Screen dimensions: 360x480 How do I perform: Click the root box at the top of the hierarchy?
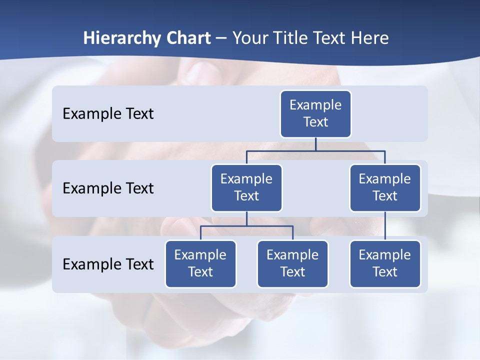pos(315,113)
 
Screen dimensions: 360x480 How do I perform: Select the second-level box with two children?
pos(246,187)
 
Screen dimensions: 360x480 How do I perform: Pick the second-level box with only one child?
pos(385,187)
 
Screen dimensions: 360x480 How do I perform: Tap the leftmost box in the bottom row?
pos(200,263)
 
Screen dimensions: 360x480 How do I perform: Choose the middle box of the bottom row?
pos(292,263)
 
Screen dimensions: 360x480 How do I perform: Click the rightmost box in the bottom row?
pos(385,263)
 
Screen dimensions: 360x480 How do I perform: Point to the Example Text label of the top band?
pos(108,114)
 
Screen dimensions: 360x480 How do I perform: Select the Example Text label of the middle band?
pos(108,188)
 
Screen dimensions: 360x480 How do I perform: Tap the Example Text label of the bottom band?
pos(108,264)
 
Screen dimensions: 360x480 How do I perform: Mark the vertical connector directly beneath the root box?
pos(315,144)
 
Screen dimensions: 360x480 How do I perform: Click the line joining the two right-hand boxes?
pos(385,225)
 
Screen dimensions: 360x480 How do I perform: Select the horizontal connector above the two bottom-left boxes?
pos(246,226)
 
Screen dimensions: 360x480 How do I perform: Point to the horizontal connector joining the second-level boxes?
pos(350,150)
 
